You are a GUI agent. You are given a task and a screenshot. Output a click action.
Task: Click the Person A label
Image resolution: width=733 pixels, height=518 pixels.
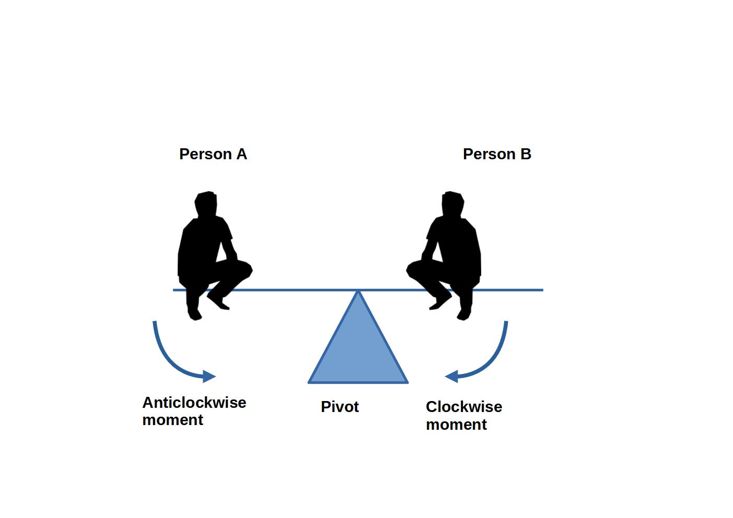pyautogui.click(x=213, y=154)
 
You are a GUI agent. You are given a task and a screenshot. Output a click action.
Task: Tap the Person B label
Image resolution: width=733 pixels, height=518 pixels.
pyautogui.click(x=497, y=154)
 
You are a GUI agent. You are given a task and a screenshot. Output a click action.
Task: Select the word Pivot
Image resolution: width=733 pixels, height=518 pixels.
pyautogui.click(x=340, y=407)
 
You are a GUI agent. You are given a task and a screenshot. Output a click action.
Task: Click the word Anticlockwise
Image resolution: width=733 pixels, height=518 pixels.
pyautogui.click(x=194, y=403)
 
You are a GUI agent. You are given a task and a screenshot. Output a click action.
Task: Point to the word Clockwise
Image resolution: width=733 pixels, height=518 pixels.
pyautogui.click(x=463, y=407)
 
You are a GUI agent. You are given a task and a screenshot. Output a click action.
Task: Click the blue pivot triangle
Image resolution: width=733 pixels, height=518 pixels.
pyautogui.click(x=358, y=355)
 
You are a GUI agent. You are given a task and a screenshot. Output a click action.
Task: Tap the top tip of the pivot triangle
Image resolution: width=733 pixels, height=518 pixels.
pyautogui.click(x=358, y=291)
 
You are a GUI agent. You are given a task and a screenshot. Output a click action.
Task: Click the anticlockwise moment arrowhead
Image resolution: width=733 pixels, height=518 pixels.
pyautogui.click(x=210, y=376)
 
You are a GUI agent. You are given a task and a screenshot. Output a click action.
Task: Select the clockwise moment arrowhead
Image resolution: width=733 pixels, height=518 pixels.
pyautogui.click(x=451, y=376)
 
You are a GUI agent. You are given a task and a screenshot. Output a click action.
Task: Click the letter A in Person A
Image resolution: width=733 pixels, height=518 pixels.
pyautogui.click(x=241, y=154)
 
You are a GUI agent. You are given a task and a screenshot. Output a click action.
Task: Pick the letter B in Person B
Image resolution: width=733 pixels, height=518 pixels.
pyautogui.click(x=526, y=154)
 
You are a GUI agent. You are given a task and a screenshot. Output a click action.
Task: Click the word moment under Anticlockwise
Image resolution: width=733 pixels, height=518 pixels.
pyautogui.click(x=172, y=420)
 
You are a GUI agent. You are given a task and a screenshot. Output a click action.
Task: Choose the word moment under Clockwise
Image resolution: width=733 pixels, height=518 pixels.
pyautogui.click(x=456, y=425)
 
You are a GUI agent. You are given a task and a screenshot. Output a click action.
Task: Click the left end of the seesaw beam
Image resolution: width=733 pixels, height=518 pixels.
pyautogui.click(x=174, y=290)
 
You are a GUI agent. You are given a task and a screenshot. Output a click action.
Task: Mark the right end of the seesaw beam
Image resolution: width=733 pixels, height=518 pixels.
pyautogui.click(x=542, y=290)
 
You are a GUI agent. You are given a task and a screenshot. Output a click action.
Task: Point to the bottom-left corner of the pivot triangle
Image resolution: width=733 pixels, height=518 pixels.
pyautogui.click(x=310, y=382)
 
